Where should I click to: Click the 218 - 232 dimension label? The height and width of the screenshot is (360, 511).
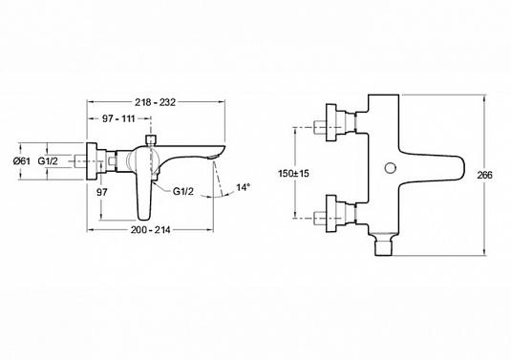(x=155, y=102)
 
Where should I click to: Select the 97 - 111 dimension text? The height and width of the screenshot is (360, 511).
(x=119, y=118)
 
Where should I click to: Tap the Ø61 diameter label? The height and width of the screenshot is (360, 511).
(x=22, y=161)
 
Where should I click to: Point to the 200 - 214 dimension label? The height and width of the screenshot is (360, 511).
(x=151, y=230)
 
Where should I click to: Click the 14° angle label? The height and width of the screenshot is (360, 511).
(x=244, y=187)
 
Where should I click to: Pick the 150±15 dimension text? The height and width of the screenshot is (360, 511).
(x=293, y=174)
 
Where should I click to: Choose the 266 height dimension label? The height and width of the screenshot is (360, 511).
(x=485, y=175)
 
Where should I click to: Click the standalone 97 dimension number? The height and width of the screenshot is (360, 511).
(x=102, y=192)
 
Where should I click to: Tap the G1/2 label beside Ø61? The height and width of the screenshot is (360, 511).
(x=48, y=161)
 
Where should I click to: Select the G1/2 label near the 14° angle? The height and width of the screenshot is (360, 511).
(x=182, y=191)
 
